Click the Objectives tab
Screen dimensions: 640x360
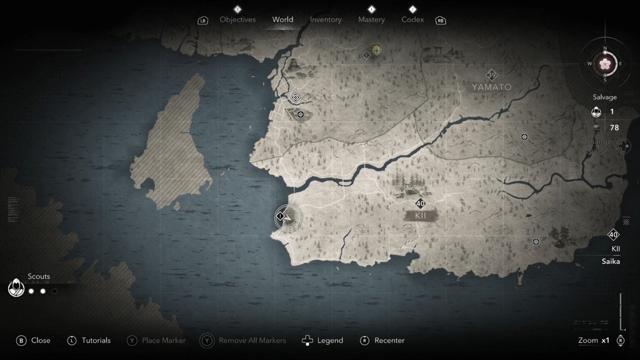(x=237, y=20)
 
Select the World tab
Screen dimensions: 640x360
(x=282, y=20)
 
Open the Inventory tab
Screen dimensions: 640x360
(x=325, y=20)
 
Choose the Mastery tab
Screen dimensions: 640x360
(x=371, y=20)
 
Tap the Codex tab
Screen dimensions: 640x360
(x=412, y=20)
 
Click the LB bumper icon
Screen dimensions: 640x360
(x=203, y=20)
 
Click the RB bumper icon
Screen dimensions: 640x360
(x=440, y=20)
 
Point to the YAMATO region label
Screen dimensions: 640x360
(x=492, y=87)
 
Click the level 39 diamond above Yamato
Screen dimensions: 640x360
(x=492, y=75)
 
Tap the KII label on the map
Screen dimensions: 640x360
(x=420, y=215)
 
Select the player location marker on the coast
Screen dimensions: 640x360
(x=288, y=217)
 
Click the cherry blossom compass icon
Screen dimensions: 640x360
(x=605, y=64)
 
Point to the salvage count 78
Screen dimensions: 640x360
(x=614, y=127)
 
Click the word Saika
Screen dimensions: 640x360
(x=610, y=261)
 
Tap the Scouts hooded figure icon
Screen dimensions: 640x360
(x=16, y=287)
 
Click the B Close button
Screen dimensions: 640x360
(x=33, y=340)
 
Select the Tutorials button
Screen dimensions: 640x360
(x=89, y=340)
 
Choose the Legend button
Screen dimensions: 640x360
(x=322, y=340)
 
